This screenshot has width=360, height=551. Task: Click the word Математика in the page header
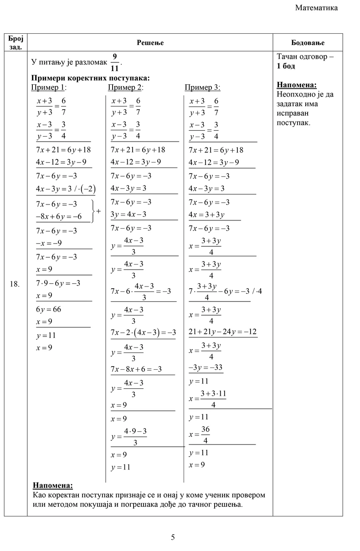pos(316,8)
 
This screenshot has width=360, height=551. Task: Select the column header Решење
pos(150,42)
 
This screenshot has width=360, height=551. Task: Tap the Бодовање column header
pos(308,42)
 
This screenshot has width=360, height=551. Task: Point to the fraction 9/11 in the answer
pos(115,62)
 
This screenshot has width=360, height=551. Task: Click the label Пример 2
pos(125,87)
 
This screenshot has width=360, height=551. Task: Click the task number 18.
pos(15,284)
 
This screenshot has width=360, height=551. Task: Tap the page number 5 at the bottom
pos(173,537)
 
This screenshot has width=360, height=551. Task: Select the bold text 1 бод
pos(286,66)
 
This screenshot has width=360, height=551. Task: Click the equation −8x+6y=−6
pos(58,217)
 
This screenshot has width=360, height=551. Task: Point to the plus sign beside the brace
pos(98,211)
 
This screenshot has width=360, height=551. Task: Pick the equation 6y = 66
pos(48,309)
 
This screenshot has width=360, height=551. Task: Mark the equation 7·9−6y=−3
pos(58,283)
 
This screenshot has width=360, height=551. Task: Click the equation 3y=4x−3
pos(129,214)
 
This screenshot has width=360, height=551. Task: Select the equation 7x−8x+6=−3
pos(136,369)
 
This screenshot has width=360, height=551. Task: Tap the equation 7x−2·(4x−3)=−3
pos(143,332)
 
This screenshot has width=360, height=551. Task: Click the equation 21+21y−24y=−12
pos(223,332)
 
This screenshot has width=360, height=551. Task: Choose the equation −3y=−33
pos(206,367)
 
